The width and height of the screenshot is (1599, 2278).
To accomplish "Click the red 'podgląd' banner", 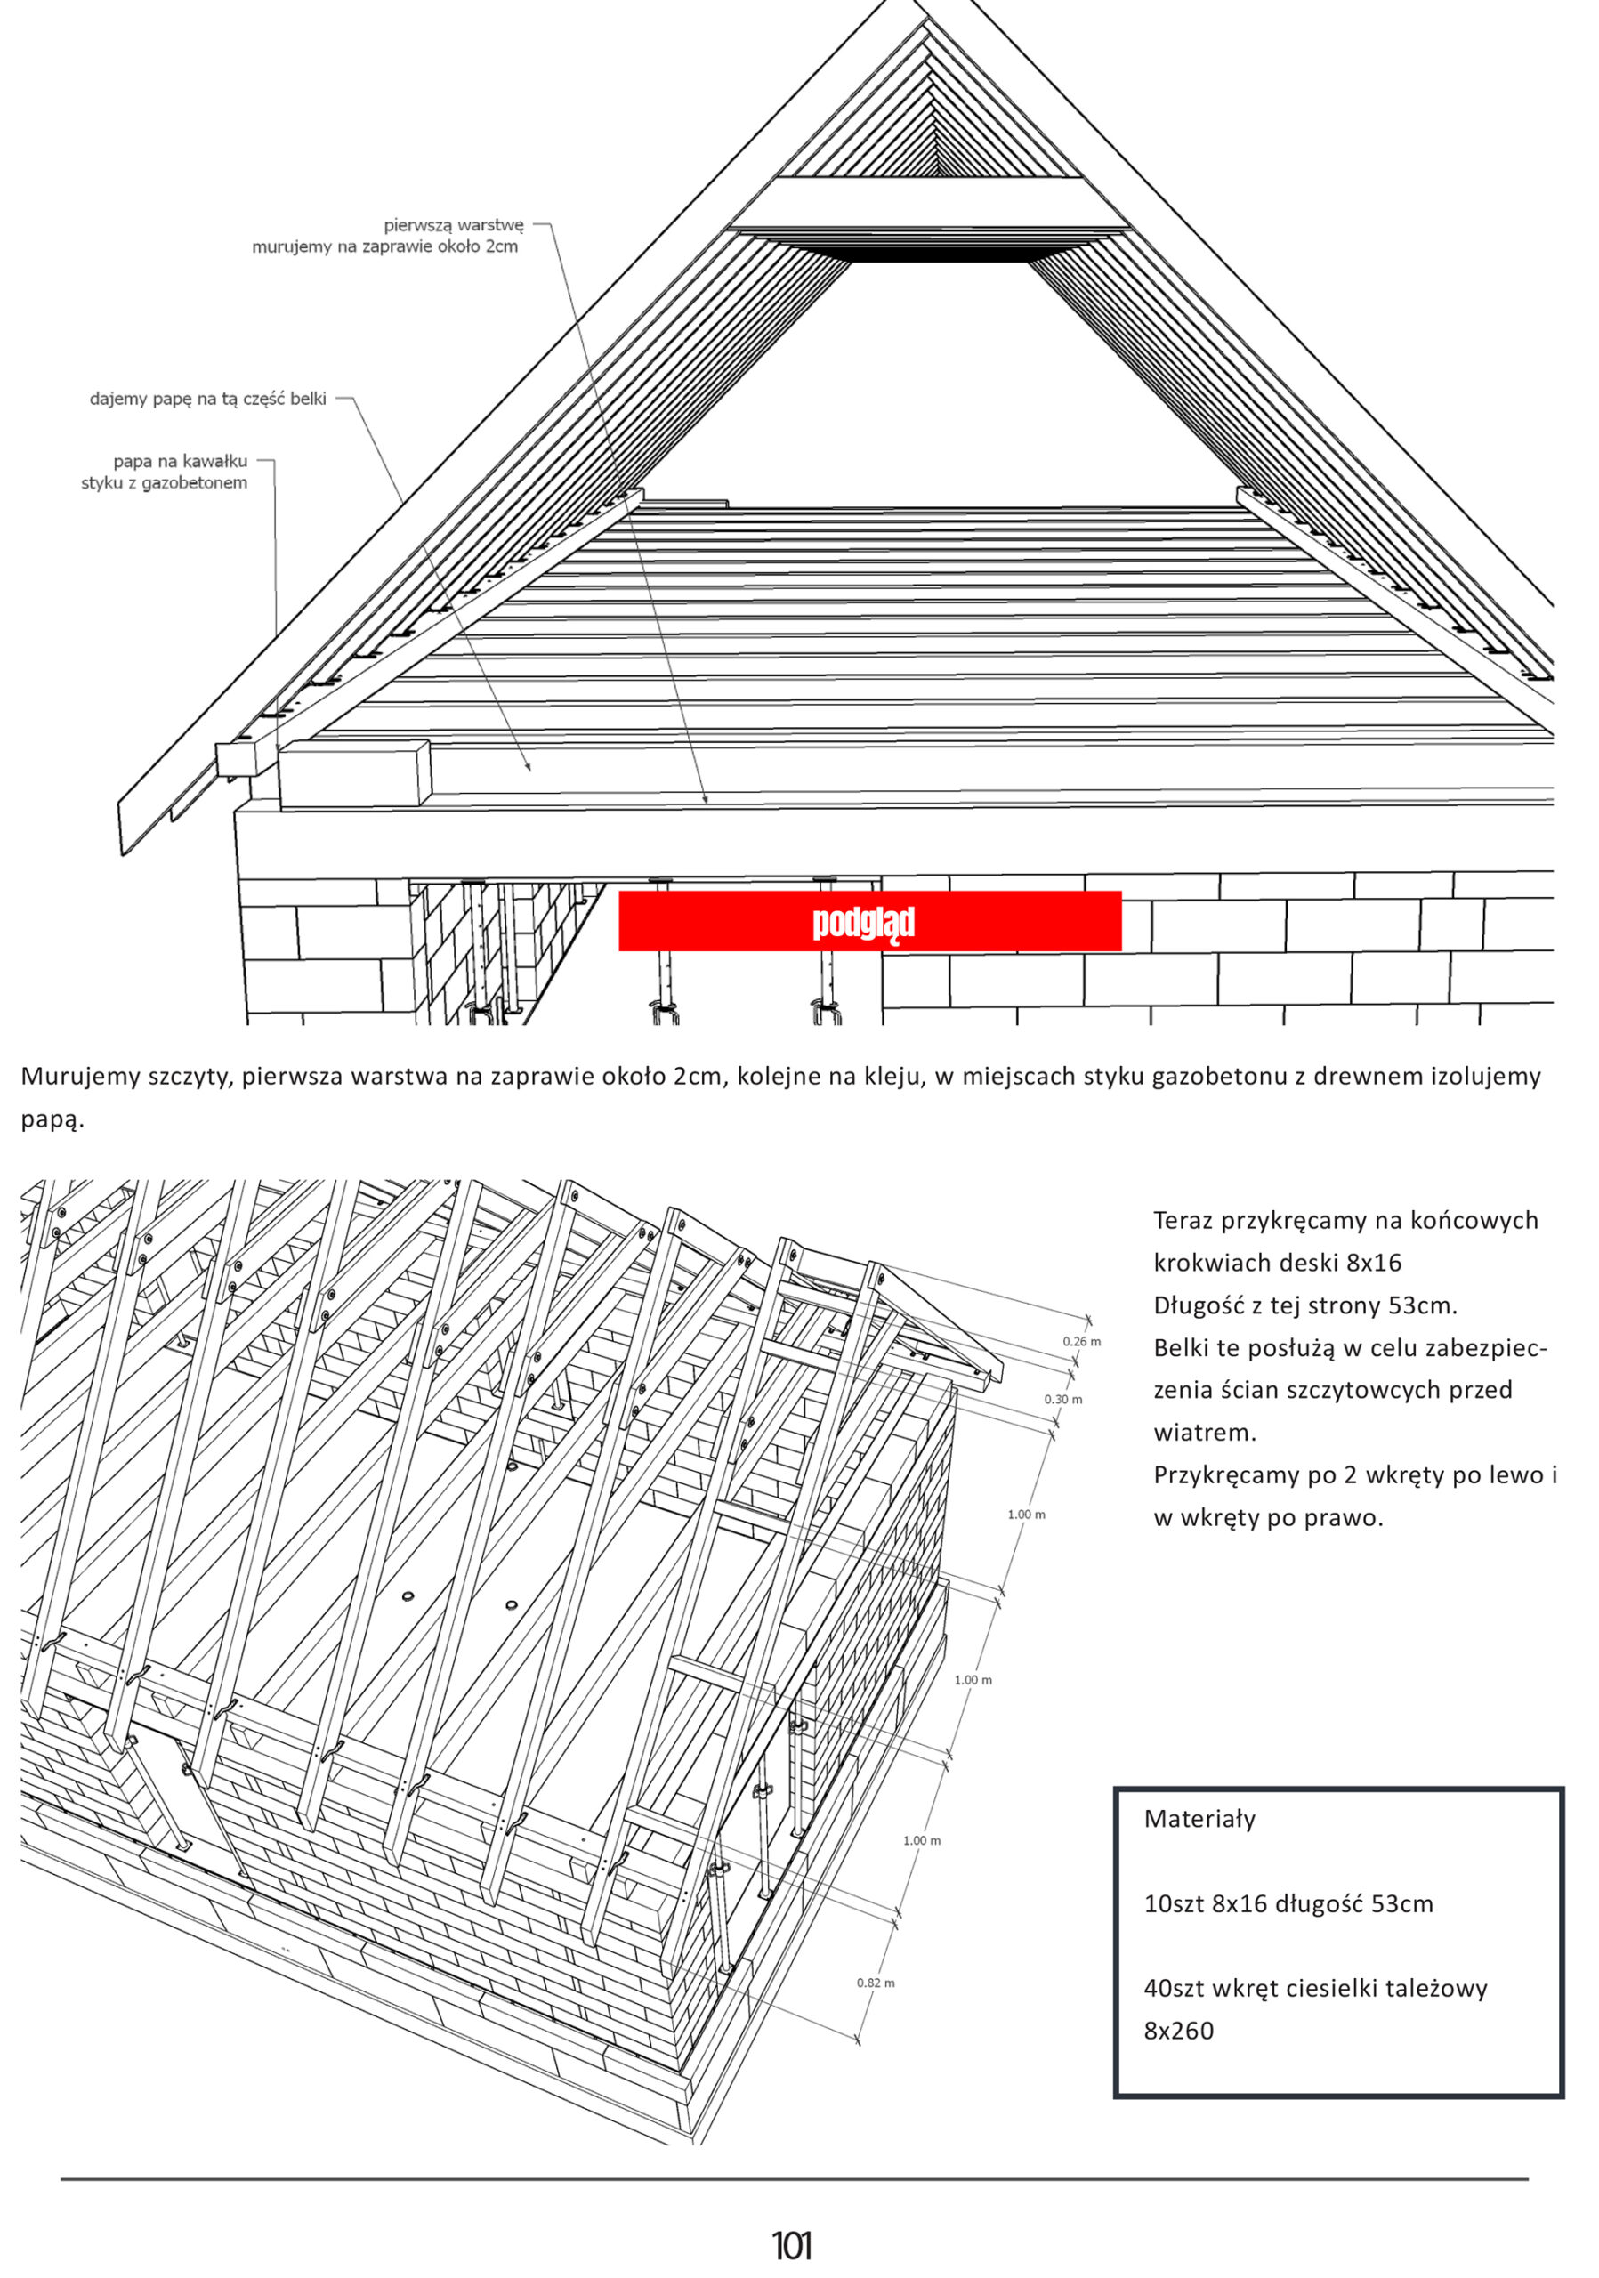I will [x=869, y=921].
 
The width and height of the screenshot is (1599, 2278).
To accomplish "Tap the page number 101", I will [x=792, y=2245].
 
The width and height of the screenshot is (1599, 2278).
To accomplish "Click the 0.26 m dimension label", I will [x=1081, y=1341].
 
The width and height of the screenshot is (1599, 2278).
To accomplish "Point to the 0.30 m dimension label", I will [x=1062, y=1399].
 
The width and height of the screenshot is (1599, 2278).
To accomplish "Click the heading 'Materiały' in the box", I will [x=1199, y=1819].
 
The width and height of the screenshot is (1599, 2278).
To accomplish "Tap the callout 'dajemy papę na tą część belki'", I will [x=207, y=400].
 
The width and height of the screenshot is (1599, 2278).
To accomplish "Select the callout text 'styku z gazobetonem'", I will [x=164, y=483].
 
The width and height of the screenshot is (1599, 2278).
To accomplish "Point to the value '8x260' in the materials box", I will [x=1178, y=2030].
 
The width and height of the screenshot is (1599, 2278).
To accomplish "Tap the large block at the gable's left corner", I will [x=354, y=774].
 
